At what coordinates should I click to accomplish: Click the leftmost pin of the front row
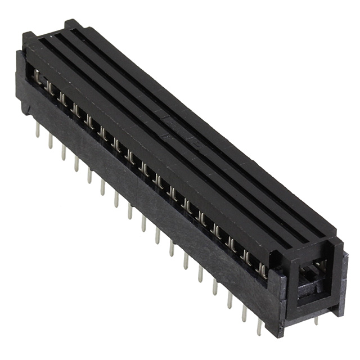tap(37, 130)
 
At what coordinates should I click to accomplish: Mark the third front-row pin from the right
tap(229, 300)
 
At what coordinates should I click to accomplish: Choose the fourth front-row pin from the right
tap(214, 287)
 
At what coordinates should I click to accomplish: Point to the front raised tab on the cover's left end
tap(28, 38)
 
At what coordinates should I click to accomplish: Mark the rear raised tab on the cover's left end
tap(71, 24)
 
